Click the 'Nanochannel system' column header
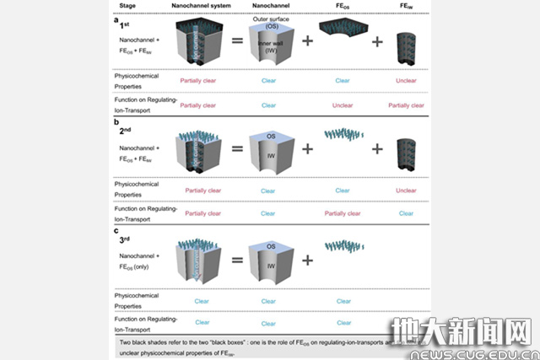coord(197,4)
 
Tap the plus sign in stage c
coord(307,261)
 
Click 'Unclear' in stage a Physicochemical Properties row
coord(406,82)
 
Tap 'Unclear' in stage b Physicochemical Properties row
coord(406,191)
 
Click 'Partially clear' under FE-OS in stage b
coord(343,214)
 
